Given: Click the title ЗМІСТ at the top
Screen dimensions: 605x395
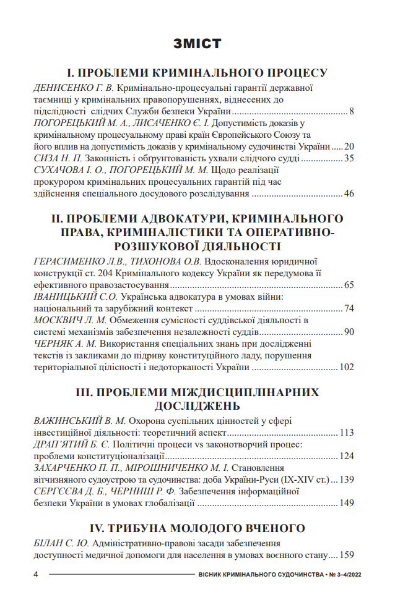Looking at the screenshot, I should click(x=197, y=44).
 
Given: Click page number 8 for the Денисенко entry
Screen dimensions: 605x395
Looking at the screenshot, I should click(x=351, y=112).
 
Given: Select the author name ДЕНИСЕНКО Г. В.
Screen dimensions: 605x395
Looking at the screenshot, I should click(x=73, y=88).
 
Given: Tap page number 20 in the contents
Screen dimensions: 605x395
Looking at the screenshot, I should click(x=349, y=147).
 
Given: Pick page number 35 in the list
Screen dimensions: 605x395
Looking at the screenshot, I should click(x=349, y=159).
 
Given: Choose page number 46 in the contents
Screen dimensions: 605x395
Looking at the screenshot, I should click(x=349, y=194).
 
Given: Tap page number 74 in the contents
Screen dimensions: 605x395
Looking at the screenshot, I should click(x=349, y=308).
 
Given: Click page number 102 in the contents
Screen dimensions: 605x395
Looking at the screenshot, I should click(x=346, y=367).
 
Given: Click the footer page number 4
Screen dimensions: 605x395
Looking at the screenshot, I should click(x=35, y=575).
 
